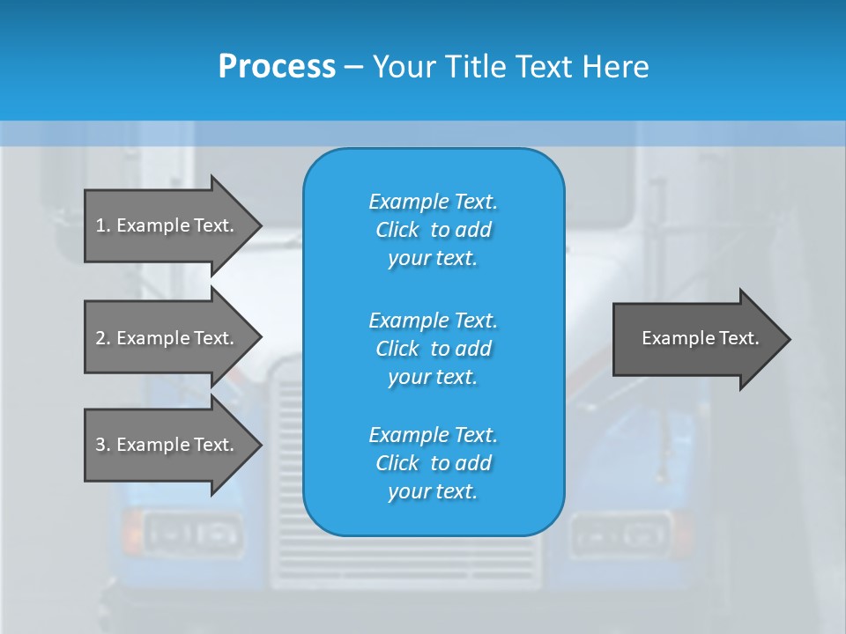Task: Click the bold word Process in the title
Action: (277, 67)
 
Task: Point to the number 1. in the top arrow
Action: (102, 225)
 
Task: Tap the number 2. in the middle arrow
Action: (102, 338)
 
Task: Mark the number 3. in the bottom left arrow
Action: (102, 445)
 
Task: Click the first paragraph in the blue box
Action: (433, 230)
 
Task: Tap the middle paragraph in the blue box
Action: (433, 348)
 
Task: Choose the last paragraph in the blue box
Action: (433, 463)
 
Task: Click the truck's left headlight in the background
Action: (189, 534)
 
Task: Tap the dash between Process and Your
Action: (353, 67)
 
